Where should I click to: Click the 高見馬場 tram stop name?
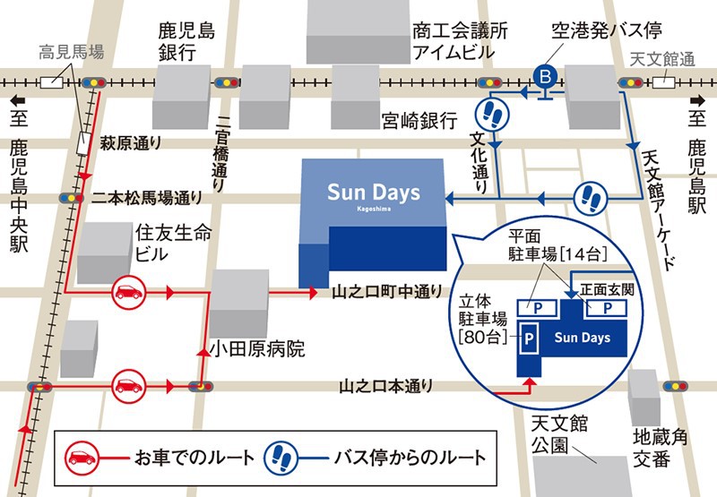72,53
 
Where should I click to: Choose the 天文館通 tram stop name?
663,59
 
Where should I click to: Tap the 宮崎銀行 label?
419,119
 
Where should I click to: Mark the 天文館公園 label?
558,433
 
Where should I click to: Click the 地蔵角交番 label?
658,449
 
